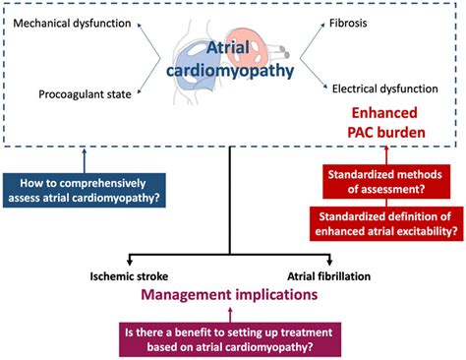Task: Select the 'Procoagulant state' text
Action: click(x=85, y=94)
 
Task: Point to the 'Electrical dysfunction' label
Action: click(x=385, y=88)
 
